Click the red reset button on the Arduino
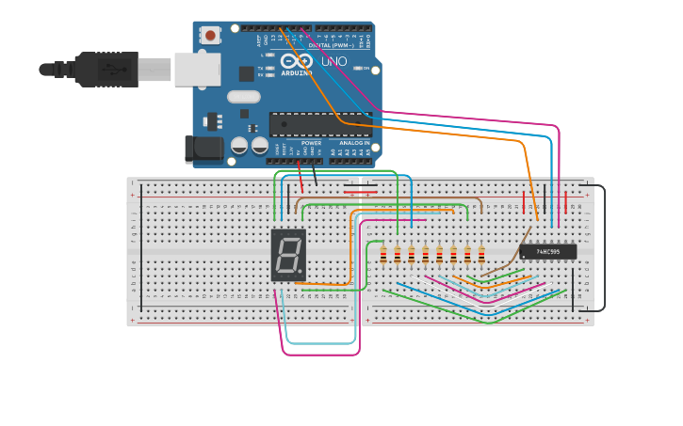tap(210, 36)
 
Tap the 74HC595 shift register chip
tap(547, 251)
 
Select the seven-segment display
tap(288, 254)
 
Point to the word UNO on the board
tap(334, 62)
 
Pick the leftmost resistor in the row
tap(383, 254)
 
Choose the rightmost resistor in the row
tap(481, 254)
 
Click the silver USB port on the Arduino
tap(197, 69)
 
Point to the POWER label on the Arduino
tap(311, 143)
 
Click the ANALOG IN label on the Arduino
tap(354, 143)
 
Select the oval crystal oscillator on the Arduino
tap(243, 96)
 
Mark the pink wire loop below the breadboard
tap(320, 354)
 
